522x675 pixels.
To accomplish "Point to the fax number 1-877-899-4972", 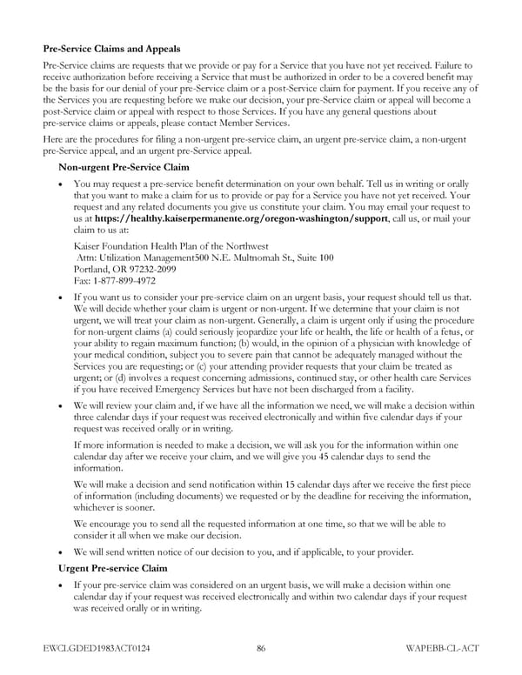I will point(115,281).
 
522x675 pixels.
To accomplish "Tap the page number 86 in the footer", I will point(261,648).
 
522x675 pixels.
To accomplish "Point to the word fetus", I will point(457,331).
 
